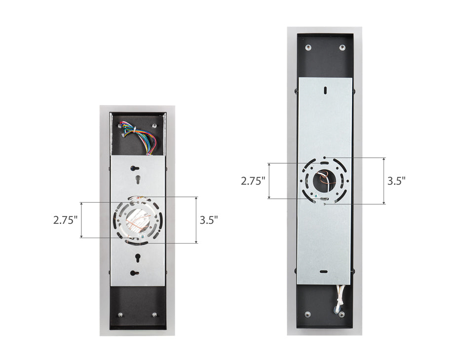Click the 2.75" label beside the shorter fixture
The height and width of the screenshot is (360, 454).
click(x=65, y=220)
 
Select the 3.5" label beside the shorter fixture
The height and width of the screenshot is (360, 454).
click(x=209, y=220)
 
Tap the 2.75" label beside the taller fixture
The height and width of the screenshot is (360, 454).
click(x=253, y=180)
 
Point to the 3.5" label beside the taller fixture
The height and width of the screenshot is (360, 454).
click(x=396, y=180)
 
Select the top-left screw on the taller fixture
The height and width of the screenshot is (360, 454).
click(x=308, y=47)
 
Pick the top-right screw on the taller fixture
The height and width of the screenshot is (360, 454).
click(x=341, y=47)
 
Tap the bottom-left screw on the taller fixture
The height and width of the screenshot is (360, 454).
click(x=308, y=314)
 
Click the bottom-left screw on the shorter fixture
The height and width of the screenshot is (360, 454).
click(x=119, y=315)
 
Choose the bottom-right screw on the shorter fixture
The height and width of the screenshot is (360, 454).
click(x=154, y=315)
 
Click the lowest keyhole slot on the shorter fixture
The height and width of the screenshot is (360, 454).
click(x=134, y=272)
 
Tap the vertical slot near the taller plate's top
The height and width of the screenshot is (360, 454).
click(x=325, y=90)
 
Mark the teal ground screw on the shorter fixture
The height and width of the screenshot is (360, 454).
click(x=143, y=238)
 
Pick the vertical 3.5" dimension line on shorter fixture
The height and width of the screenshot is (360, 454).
click(x=196, y=220)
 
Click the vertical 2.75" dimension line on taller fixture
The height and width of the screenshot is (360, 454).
click(x=269, y=180)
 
